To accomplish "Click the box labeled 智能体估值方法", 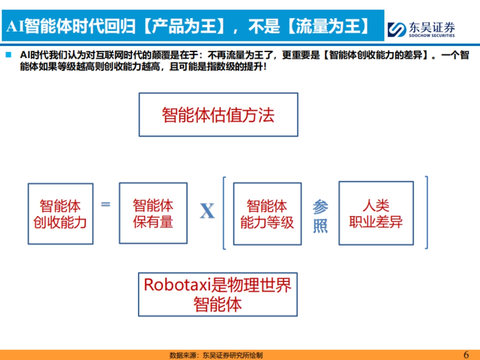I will (218, 115).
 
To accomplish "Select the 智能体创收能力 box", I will (60, 214).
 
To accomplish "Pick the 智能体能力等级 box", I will (267, 214).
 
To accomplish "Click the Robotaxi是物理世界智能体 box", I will (218, 294).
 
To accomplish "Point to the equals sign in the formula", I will (105, 204).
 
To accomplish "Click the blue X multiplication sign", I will (207, 211).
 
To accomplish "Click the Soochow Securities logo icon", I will (396, 30).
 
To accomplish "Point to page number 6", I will (466, 354).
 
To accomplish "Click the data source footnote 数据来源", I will (216, 355).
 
